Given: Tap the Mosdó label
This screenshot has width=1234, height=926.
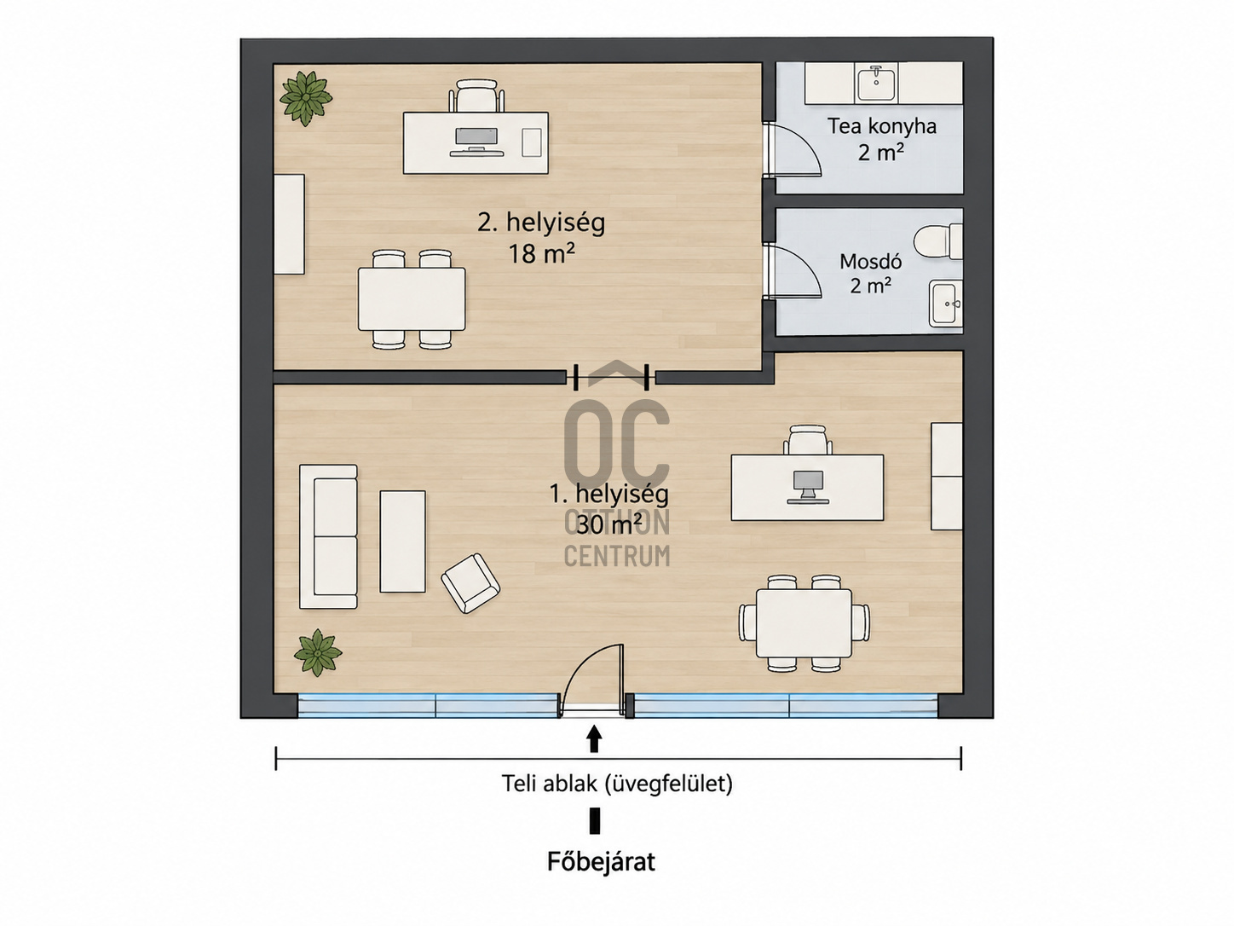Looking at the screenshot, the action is (x=870, y=262).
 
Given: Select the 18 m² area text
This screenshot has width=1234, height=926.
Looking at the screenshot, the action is (x=541, y=254).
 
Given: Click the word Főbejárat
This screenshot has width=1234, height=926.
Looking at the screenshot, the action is (x=601, y=877).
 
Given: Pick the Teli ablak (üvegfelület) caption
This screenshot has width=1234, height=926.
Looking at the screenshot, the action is (x=617, y=784).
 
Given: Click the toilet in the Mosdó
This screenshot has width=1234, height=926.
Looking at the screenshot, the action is (x=937, y=242).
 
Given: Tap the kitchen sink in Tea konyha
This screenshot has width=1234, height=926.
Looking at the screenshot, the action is (x=876, y=84).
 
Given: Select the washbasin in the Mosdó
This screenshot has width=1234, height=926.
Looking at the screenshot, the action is (x=945, y=304).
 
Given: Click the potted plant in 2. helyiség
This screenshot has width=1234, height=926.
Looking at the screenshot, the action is (x=305, y=98).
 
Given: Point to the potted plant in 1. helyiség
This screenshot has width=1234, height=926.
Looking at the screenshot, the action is (x=318, y=652).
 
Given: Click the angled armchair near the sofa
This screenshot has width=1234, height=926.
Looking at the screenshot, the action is (x=470, y=583).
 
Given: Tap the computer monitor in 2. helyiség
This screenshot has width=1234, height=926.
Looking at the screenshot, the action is (x=476, y=141).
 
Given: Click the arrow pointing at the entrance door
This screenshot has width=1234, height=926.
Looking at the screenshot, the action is (x=594, y=738).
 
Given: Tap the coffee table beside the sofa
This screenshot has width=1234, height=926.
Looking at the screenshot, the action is (x=402, y=541).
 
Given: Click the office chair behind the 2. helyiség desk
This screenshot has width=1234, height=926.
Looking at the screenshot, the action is (x=476, y=95).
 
